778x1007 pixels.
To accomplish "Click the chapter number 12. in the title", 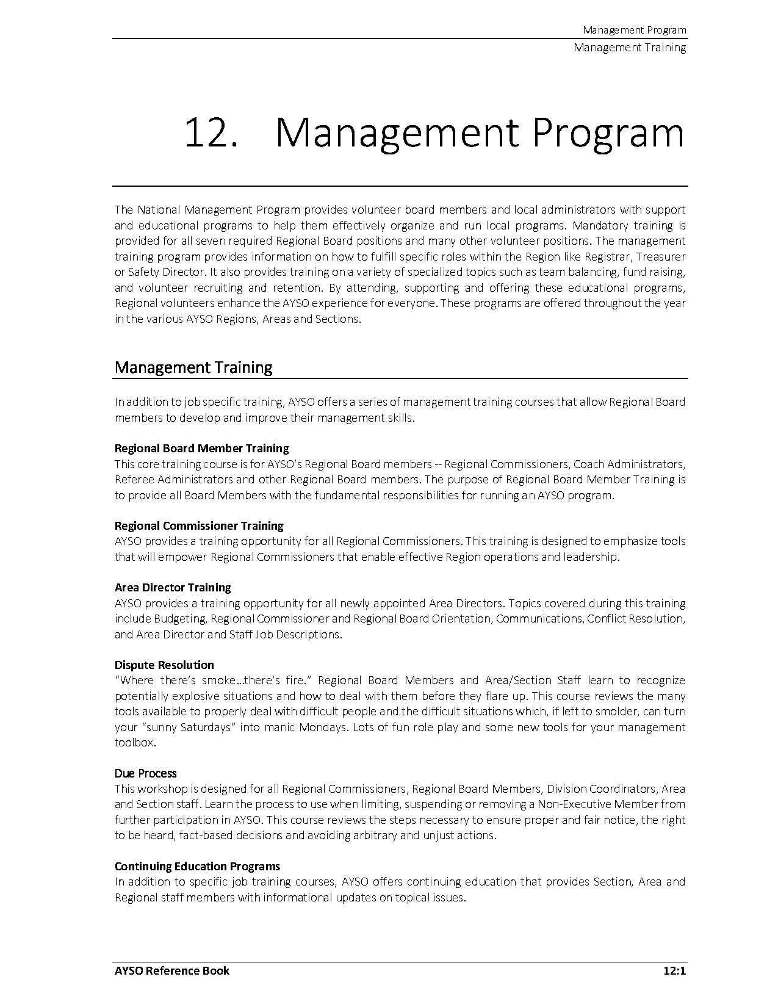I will pos(211,133).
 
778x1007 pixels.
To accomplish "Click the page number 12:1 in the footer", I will pos(674,970).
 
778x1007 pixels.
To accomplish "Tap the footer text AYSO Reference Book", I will pos(172,970).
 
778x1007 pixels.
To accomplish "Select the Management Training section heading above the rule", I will pos(193,367).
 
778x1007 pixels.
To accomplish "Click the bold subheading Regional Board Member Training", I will pos(202,449).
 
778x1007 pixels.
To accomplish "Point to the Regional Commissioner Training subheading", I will pos(199,525).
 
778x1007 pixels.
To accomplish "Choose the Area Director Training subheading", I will pos(173,587).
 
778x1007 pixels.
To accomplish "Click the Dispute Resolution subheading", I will pos(164,665).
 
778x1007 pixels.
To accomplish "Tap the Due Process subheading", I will pos(145,773).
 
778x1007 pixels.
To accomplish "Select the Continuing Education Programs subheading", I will pos(197,866).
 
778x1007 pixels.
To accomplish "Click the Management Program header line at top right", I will pos(634,30).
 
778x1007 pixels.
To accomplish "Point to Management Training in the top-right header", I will pos(630,48).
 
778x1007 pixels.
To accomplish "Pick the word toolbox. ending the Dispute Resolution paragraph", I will pos(135,743).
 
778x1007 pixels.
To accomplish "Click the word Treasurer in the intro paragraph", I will pos(661,256).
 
